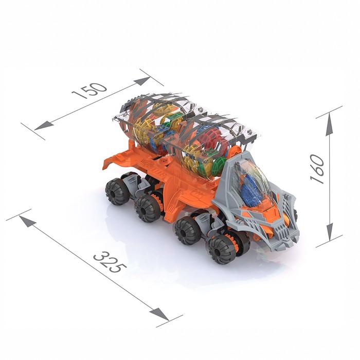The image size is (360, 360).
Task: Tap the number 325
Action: click(x=110, y=262)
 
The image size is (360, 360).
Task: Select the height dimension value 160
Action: click(x=317, y=169)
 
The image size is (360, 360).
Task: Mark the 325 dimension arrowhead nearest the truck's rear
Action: click(x=28, y=221)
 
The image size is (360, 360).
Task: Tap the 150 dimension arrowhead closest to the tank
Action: click(x=142, y=81)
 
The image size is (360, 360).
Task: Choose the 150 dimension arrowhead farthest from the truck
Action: click(x=44, y=125)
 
